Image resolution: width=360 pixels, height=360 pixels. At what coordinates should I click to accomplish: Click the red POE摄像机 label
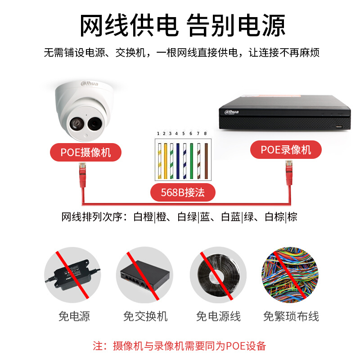pos(85,152)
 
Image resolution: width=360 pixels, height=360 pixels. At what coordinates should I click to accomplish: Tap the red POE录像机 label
pos(286,149)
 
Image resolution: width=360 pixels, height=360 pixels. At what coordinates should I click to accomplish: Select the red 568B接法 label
pos(182,193)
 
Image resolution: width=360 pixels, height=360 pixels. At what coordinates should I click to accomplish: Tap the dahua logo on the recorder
pos(229,111)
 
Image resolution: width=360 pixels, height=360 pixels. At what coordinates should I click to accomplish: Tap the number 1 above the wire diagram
pos(158,134)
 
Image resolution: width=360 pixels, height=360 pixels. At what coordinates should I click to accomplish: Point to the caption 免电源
pos(74,316)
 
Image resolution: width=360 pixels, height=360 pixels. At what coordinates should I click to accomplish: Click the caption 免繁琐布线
pos(291,316)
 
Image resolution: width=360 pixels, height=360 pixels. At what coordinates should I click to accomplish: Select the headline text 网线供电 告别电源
pos(182,25)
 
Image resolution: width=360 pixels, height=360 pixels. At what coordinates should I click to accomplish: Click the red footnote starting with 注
pos(180,346)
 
